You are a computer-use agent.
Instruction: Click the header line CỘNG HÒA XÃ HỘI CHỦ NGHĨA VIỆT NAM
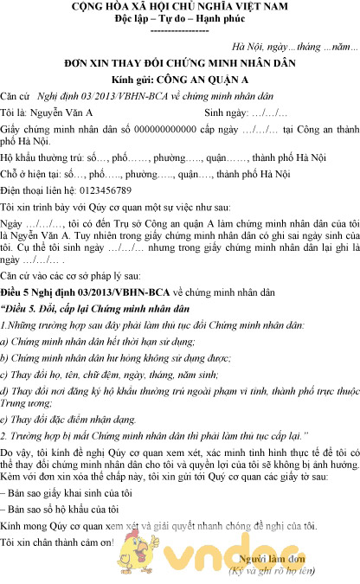point(180,7)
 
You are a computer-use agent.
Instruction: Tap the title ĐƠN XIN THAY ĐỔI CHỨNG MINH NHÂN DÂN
point(180,64)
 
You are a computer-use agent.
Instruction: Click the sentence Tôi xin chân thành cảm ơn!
point(58,542)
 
